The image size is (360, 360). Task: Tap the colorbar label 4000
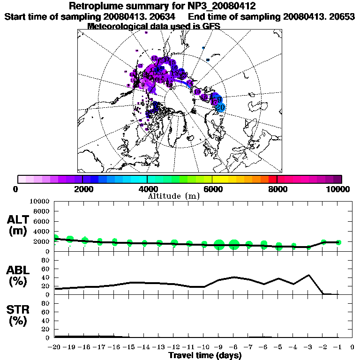coord(147,189)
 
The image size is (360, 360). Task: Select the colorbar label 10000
coord(338,189)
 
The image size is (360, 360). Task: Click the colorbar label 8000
coord(277,189)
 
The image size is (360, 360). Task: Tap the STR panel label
coord(19,315)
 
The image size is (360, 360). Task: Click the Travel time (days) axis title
coord(205,355)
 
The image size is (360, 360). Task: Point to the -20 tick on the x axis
coord(55,347)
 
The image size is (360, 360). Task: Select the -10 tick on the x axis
coord(203,347)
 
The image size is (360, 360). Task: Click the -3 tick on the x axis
coord(308,347)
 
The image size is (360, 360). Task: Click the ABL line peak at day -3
coord(309,275)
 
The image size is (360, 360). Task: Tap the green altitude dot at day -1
coord(338,242)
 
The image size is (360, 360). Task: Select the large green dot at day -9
coord(219,244)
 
